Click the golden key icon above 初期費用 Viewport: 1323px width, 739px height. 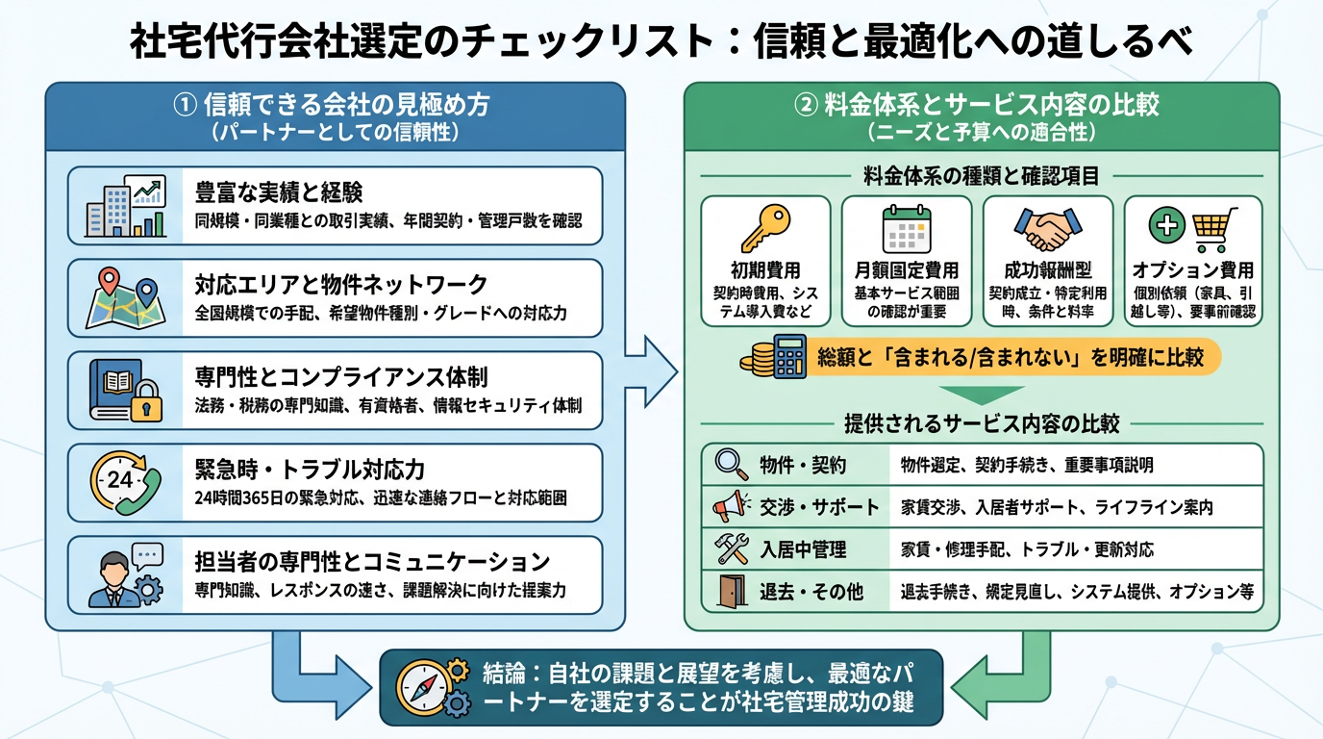(765, 229)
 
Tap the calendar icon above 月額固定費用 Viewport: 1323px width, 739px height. (907, 229)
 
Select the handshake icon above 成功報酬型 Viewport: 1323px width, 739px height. (1047, 229)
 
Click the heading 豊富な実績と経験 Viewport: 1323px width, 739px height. (279, 191)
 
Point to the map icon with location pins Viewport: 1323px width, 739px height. (125, 297)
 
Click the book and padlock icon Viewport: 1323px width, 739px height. (125, 390)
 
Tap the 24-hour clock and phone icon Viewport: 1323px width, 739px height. (125, 482)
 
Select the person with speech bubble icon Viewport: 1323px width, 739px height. (125, 574)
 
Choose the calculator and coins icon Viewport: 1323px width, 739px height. (774, 358)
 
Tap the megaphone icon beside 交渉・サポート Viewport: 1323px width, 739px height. (732, 505)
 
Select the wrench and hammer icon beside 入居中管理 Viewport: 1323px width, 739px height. (732, 548)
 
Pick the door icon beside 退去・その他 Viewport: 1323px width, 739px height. (732, 591)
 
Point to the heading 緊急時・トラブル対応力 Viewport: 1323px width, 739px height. (310, 470)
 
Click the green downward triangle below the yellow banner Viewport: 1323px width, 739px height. (981, 395)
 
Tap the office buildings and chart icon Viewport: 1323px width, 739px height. (125, 205)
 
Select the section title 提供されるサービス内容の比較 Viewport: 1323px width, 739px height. (981, 424)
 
